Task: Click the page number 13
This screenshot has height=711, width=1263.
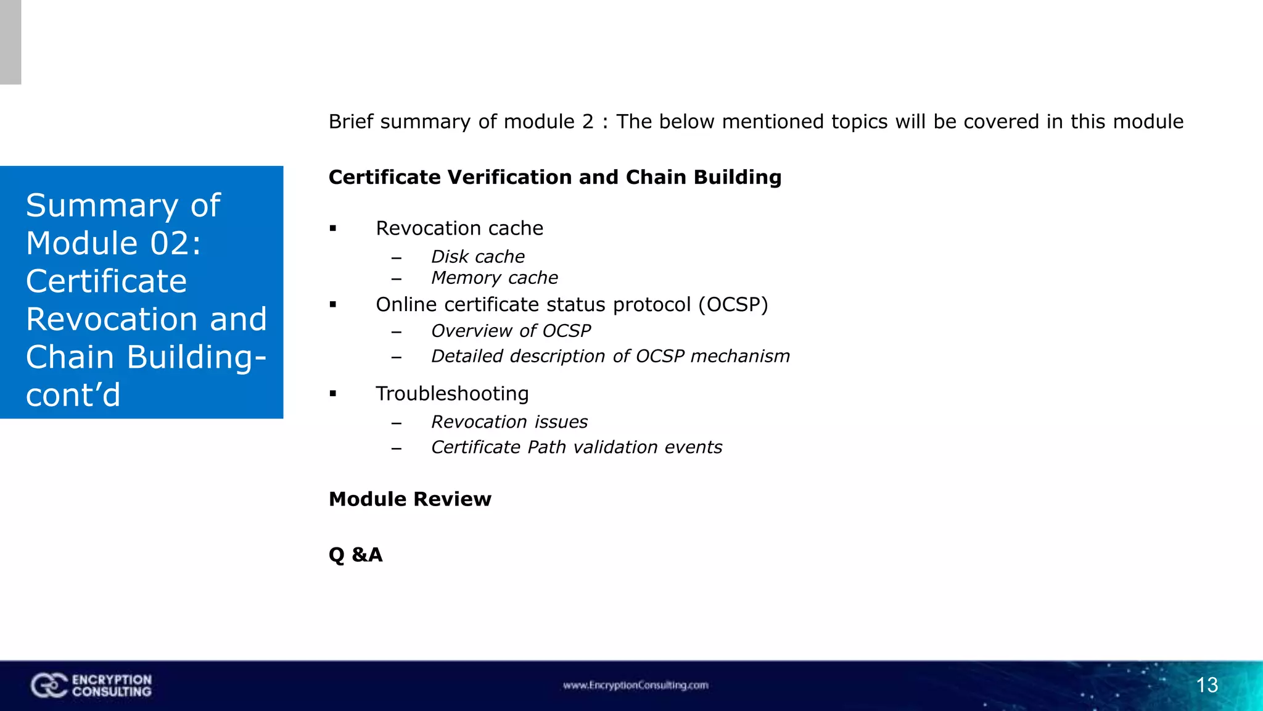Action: (1207, 685)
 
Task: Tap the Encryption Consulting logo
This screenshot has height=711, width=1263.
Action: (91, 686)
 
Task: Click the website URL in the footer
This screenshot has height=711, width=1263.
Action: (635, 685)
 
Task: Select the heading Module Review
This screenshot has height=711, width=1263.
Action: (410, 499)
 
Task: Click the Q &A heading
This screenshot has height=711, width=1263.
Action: (356, 554)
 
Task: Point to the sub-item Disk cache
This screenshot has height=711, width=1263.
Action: (478, 256)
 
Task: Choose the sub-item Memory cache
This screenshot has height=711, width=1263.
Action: (495, 278)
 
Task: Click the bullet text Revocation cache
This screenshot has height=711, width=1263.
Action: (459, 228)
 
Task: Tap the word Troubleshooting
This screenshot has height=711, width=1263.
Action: (452, 393)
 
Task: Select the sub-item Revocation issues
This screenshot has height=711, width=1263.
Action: (509, 422)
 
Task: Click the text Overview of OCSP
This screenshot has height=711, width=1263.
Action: (511, 331)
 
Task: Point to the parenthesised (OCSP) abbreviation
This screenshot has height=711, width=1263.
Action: (733, 304)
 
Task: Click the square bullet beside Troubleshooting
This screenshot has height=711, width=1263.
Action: (333, 394)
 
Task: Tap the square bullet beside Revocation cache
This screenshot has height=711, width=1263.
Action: (333, 228)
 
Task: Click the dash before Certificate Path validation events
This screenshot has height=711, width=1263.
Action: (397, 448)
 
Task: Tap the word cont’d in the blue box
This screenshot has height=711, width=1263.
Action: (73, 395)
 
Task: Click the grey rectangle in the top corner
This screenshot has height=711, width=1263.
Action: (10, 42)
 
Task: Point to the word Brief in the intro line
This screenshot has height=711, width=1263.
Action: (351, 122)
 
